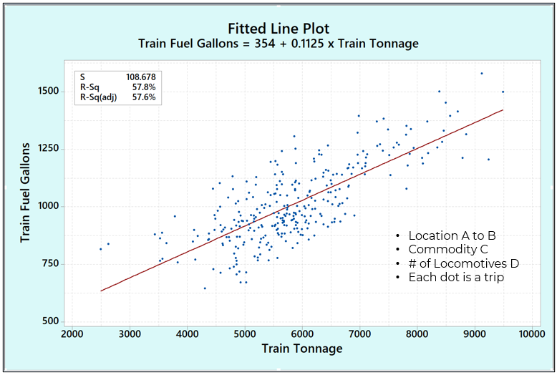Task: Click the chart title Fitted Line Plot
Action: [278, 29]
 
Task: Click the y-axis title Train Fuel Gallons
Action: [26, 193]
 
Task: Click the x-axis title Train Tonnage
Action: [301, 349]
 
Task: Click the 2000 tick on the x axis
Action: [72, 333]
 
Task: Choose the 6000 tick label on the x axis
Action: [301, 333]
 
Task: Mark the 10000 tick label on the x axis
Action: [531, 333]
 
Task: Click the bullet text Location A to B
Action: [451, 235]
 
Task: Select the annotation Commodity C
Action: [448, 249]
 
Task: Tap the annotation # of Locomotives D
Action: [463, 263]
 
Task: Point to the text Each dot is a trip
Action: [456, 277]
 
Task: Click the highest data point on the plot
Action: [482, 73]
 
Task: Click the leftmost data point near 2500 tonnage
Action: [100, 249]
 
